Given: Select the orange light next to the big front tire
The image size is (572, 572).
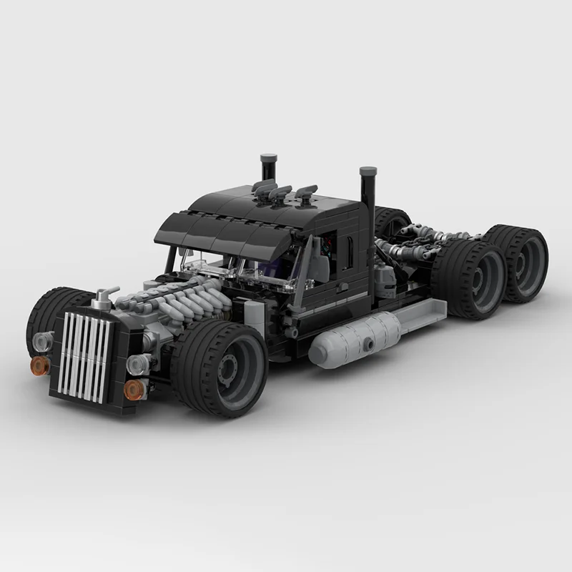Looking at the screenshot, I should pyautogui.click(x=132, y=389).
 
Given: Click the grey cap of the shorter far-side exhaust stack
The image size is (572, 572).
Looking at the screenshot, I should pyautogui.click(x=269, y=156).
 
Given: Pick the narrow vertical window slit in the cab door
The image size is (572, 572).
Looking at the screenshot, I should pyautogui.click(x=349, y=248).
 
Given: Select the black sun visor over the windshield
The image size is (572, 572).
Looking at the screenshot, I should pyautogui.click(x=214, y=232).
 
